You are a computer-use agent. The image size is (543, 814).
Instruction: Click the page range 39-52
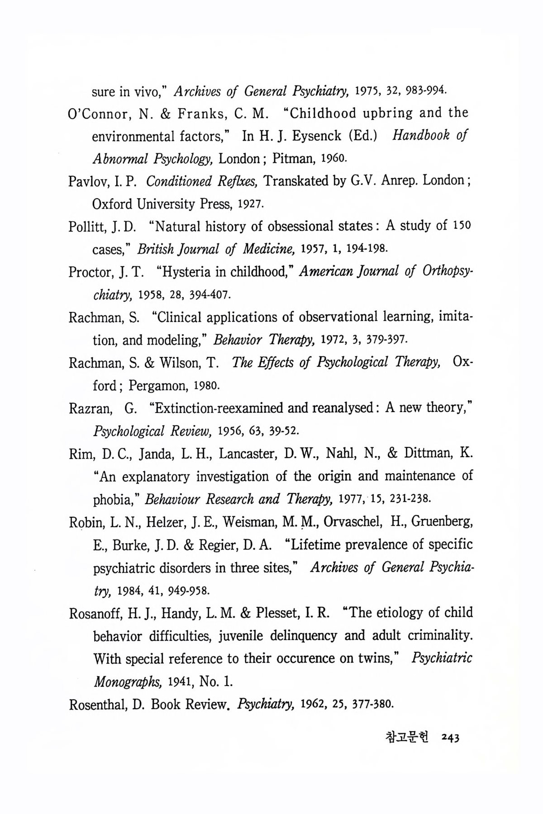click(282, 431)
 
